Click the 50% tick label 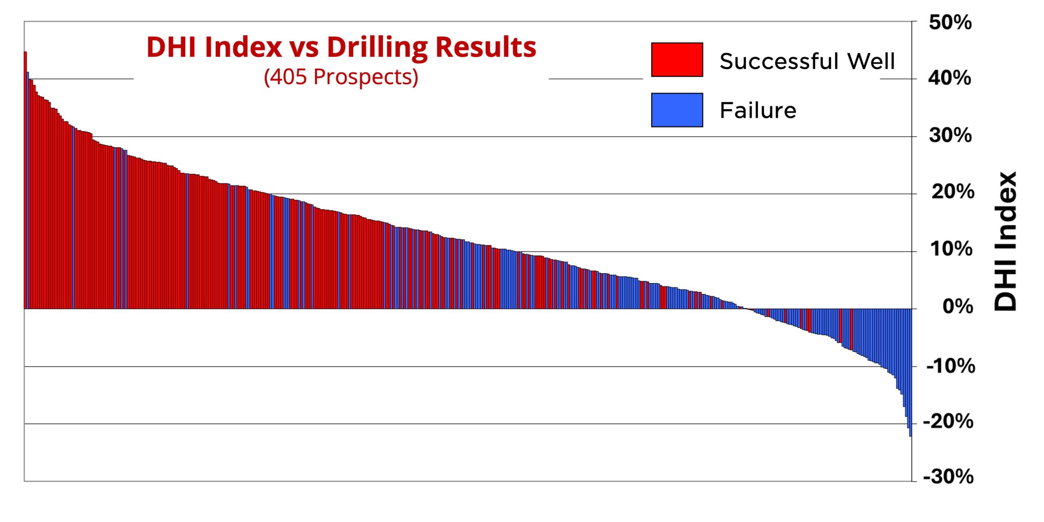[950, 22]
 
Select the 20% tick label [953, 192]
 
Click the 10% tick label [951, 249]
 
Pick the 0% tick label [958, 306]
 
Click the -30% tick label [948, 476]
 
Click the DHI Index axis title [1006, 241]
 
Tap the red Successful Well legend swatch [677, 60]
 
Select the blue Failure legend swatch [677, 110]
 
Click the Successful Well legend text [807, 61]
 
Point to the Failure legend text [758, 111]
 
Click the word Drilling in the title [377, 47]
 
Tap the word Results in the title [486, 47]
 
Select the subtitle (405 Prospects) [341, 77]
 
